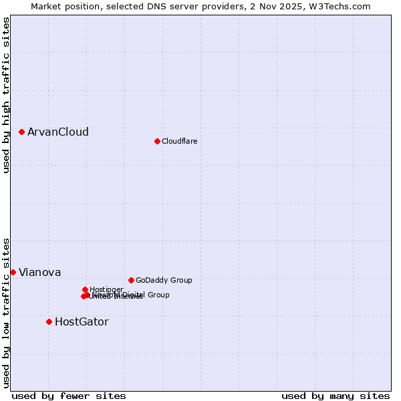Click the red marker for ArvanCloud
click(22, 132)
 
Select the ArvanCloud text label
click(58, 132)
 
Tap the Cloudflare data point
click(157, 141)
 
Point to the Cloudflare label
click(180, 141)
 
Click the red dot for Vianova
click(13, 272)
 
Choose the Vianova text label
click(40, 273)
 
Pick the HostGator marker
click(49, 321)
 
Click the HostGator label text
click(82, 322)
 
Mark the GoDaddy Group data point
click(131, 280)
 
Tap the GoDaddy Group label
click(164, 281)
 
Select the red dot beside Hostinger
click(85, 289)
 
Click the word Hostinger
click(107, 289)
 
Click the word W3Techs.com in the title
click(342, 6)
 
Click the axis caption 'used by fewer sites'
click(69, 396)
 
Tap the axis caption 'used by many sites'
click(336, 396)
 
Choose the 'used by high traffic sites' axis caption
click(6, 96)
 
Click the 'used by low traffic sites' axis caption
click(6, 312)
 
